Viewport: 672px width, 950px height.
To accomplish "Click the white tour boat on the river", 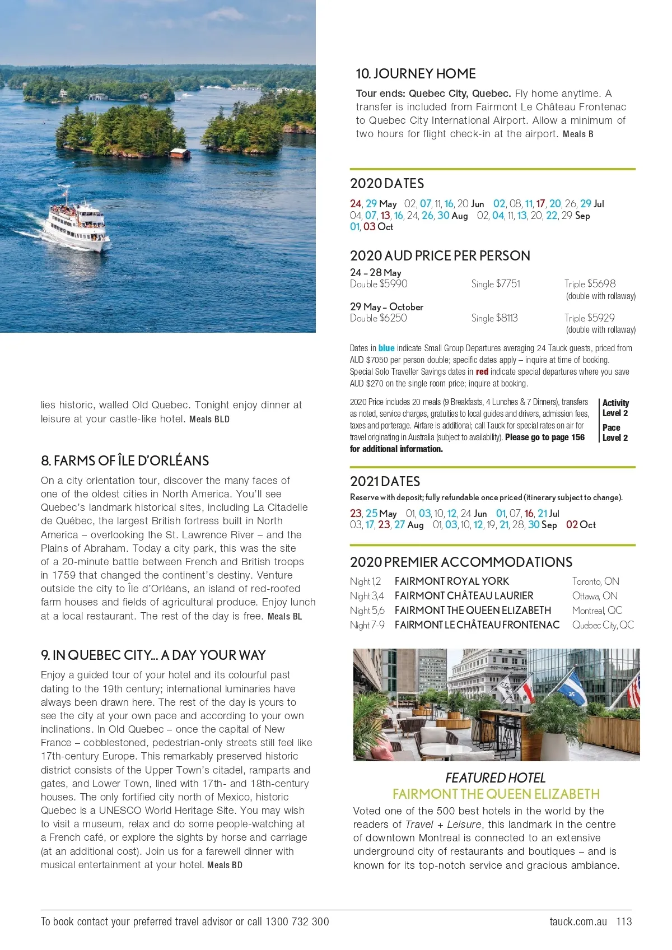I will (x=78, y=223).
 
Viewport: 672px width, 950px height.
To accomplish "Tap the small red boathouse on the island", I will (x=179, y=153).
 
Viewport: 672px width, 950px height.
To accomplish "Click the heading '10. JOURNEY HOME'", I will (x=416, y=74).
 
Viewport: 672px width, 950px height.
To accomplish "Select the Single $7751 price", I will (x=496, y=284).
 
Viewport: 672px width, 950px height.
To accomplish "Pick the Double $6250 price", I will (x=379, y=318).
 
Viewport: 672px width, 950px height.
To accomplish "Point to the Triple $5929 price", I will (x=589, y=318).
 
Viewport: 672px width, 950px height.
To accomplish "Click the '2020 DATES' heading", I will (x=387, y=184).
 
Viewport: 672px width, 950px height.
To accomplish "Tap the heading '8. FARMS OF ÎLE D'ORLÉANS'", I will (x=125, y=461).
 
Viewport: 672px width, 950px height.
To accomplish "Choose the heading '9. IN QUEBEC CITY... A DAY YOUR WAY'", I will (x=153, y=655).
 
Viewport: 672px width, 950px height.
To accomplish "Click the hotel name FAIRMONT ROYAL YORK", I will (x=451, y=581).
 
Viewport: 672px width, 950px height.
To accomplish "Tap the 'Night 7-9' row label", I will (x=367, y=625).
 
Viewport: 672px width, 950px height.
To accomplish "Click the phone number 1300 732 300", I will (x=297, y=921).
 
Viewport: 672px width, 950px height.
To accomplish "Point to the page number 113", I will (x=624, y=921).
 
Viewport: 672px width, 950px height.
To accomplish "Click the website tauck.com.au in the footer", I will (x=578, y=921).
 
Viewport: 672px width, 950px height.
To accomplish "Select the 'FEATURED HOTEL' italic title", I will (x=495, y=778).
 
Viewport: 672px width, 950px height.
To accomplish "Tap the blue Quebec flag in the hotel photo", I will (x=572, y=687).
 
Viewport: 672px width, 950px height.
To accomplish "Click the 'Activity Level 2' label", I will (x=615, y=408).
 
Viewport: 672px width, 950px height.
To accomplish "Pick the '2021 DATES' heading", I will (x=385, y=482).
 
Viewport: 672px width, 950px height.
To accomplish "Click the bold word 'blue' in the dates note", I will (x=386, y=348).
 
